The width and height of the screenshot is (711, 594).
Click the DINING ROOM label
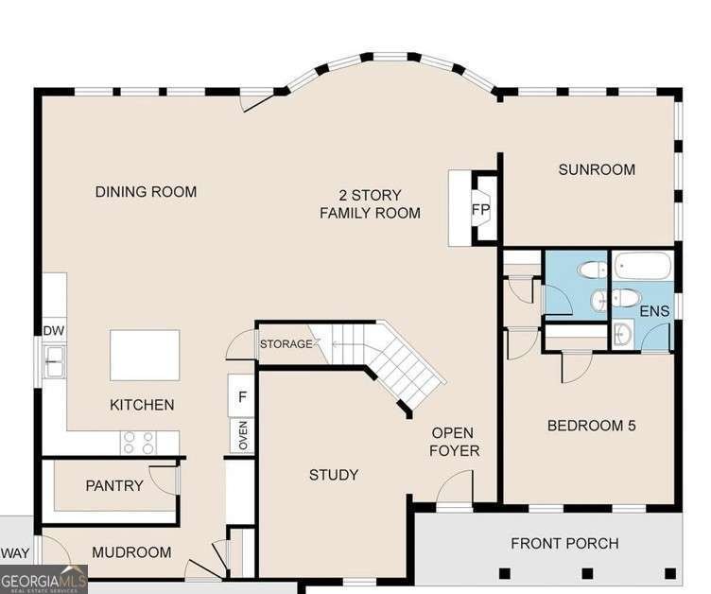pyautogui.click(x=146, y=192)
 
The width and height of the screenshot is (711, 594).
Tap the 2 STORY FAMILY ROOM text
pyautogui.click(x=370, y=204)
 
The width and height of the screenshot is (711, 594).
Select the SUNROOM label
pyautogui.click(x=596, y=170)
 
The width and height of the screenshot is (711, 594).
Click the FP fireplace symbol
pyautogui.click(x=481, y=209)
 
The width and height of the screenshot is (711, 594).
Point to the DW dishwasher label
pyautogui.click(x=53, y=331)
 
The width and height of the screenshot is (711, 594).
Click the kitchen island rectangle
pyautogui.click(x=145, y=355)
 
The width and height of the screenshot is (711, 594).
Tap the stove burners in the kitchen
pyautogui.click(x=139, y=441)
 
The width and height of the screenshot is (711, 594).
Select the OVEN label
pyautogui.click(x=242, y=437)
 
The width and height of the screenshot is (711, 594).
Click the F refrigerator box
pyautogui.click(x=242, y=397)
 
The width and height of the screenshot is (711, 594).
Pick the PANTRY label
pyautogui.click(x=114, y=486)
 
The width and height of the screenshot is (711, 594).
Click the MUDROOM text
pyautogui.click(x=132, y=552)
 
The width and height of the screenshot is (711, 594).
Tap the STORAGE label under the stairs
pyautogui.click(x=286, y=344)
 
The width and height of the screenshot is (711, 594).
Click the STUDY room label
pyautogui.click(x=334, y=475)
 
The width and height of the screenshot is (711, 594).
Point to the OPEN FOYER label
pyautogui.click(x=454, y=442)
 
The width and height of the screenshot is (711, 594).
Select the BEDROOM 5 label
pyautogui.click(x=591, y=426)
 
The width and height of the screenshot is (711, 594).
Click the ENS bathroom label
pyautogui.click(x=653, y=311)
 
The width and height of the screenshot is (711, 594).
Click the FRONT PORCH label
pyautogui.click(x=564, y=543)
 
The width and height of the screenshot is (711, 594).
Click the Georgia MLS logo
pyautogui.click(x=43, y=578)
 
